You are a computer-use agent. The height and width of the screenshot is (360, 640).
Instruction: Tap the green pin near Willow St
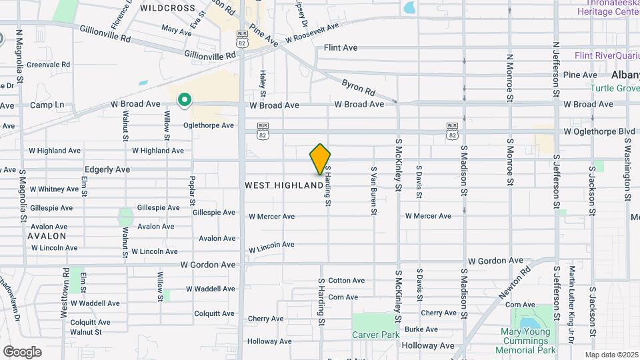tap(185, 100)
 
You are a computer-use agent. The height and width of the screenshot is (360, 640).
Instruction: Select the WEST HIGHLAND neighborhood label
tap(283, 185)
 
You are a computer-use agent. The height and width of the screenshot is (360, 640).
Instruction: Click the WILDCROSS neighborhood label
tap(168, 9)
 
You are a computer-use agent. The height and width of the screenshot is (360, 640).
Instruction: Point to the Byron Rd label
tap(359, 87)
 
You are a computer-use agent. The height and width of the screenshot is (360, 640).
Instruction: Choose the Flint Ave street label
tap(341, 48)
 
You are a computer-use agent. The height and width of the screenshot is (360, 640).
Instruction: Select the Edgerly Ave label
tap(107, 169)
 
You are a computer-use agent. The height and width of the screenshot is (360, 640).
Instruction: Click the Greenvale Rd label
tap(49, 65)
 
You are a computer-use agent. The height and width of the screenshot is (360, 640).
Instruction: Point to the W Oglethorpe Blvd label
tap(599, 131)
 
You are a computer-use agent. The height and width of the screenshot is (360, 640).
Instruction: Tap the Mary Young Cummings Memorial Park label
tap(528, 341)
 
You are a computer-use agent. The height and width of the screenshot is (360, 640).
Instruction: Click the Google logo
tap(21, 351)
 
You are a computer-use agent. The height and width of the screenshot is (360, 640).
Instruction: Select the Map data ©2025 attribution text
tap(611, 355)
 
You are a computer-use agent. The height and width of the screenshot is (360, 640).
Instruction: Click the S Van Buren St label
tap(375, 191)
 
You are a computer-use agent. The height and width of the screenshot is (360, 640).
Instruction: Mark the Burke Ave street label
tap(421, 329)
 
